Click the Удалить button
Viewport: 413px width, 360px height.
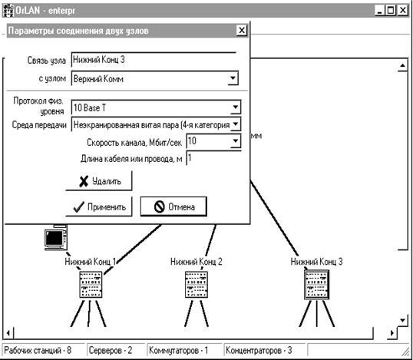99,181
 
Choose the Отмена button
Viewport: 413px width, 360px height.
173,206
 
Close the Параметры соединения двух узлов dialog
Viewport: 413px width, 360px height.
242,30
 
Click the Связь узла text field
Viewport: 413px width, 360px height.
154,60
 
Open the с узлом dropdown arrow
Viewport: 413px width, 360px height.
233,78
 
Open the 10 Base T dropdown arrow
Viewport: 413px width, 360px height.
236,107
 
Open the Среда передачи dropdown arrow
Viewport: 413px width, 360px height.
236,124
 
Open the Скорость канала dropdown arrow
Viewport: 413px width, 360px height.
236,141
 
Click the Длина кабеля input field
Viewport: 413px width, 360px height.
213,158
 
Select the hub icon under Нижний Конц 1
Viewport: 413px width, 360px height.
91,285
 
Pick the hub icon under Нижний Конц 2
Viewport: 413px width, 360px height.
197,285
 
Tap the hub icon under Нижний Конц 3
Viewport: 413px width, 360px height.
316,285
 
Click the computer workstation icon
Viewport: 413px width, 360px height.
55,237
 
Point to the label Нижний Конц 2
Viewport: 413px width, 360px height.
197,262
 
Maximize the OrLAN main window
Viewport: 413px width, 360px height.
391,11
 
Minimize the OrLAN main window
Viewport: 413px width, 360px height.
380,11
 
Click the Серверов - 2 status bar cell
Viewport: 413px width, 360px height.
115,351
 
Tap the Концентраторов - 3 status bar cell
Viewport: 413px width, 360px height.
264,351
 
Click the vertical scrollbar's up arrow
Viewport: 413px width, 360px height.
402,65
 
